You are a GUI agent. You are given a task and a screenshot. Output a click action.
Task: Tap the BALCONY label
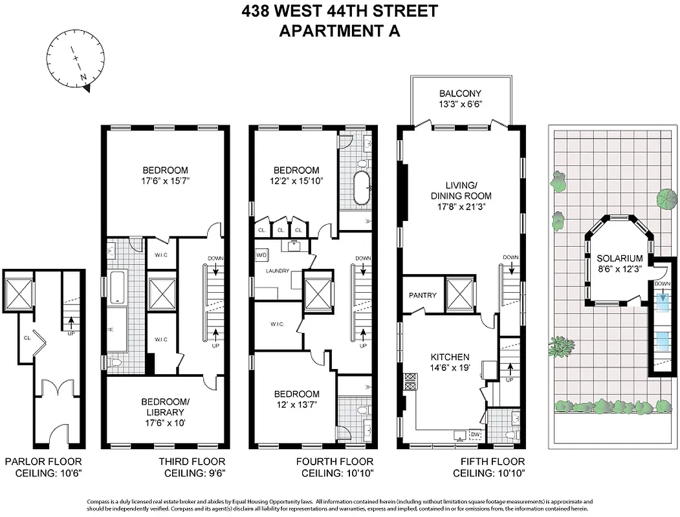(460, 93)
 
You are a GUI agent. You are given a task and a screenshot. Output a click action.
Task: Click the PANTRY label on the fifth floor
(422, 295)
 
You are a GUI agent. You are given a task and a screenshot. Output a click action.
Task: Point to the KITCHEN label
(450, 357)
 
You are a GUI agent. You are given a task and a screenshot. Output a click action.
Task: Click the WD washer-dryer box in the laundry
(262, 255)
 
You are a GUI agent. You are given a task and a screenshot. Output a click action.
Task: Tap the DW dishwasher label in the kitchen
(475, 434)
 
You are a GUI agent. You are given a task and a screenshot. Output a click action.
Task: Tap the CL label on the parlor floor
(27, 336)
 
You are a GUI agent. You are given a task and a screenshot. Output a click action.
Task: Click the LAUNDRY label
(276, 271)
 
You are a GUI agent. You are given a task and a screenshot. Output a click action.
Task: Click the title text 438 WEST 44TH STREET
(340, 11)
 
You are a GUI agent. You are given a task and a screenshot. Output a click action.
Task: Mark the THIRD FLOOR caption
(192, 461)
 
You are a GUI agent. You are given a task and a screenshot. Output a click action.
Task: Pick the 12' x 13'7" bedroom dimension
(296, 405)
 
